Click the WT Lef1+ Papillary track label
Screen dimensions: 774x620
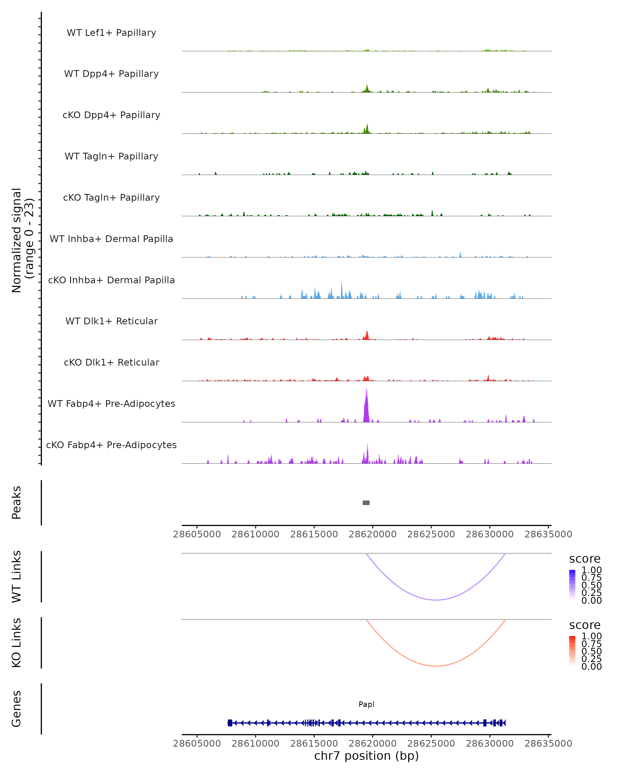click(111, 33)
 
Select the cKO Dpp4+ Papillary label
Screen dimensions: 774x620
click(111, 115)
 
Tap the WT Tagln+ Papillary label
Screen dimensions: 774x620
click(111, 156)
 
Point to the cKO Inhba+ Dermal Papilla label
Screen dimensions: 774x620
click(111, 280)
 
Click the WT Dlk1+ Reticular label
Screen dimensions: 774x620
click(111, 321)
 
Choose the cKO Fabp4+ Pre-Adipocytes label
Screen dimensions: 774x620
click(111, 445)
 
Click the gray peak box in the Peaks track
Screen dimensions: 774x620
click(366, 503)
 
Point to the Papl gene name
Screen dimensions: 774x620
click(366, 704)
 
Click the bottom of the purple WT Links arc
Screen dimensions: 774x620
click(436, 600)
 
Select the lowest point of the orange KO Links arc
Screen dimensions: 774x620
click(436, 666)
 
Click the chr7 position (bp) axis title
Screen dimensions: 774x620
click(366, 756)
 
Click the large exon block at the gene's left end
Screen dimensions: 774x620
click(230, 723)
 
